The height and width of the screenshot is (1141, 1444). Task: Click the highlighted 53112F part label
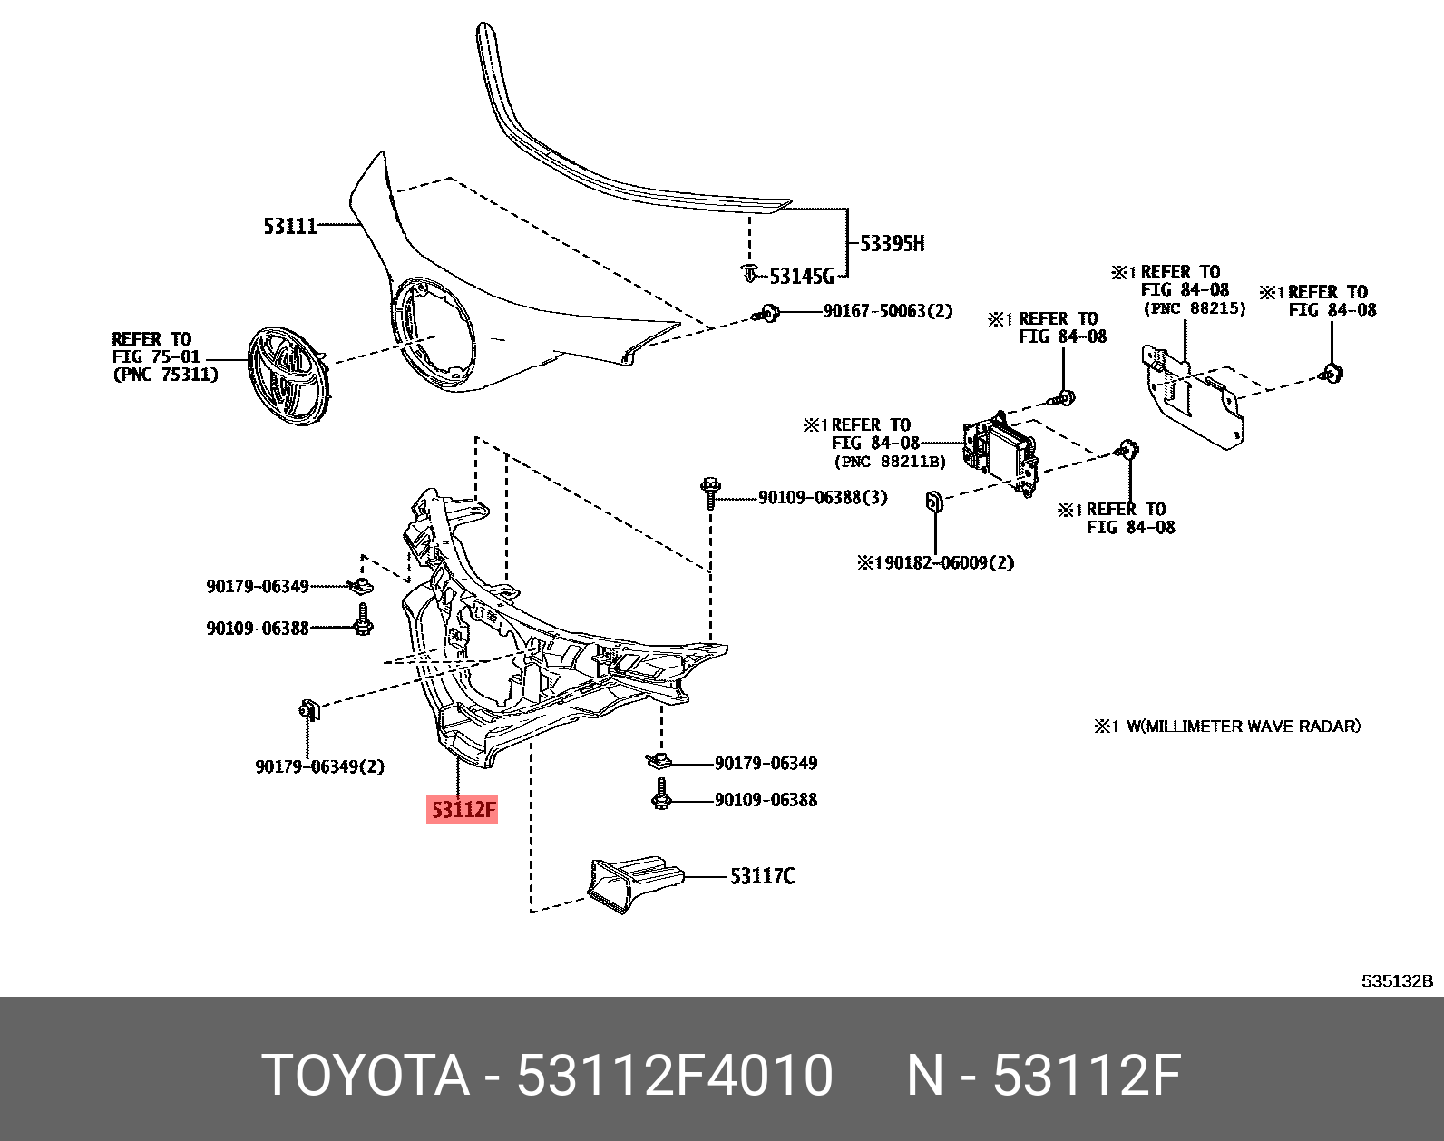tap(463, 808)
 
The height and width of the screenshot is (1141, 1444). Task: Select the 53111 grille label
tap(289, 226)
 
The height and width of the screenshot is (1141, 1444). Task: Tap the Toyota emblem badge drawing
tap(288, 376)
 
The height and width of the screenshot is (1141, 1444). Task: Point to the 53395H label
tap(892, 243)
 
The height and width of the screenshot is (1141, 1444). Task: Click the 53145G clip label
tap(801, 277)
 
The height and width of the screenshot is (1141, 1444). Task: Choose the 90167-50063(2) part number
tap(887, 311)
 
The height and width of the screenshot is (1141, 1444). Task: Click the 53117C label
tap(762, 876)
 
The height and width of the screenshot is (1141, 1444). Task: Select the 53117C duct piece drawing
tap(632, 880)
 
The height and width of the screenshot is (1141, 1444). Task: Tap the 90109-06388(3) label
tap(822, 497)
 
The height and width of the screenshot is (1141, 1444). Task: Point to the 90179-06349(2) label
tap(319, 766)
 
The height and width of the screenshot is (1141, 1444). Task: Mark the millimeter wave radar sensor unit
tap(1000, 453)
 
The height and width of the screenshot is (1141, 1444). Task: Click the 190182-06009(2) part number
tap(936, 562)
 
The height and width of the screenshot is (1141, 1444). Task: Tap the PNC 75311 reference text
tap(165, 375)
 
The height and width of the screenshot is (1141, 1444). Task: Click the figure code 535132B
tap(1396, 980)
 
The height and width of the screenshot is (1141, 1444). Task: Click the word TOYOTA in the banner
tap(366, 1076)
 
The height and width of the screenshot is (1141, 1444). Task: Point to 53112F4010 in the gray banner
tap(674, 1076)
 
